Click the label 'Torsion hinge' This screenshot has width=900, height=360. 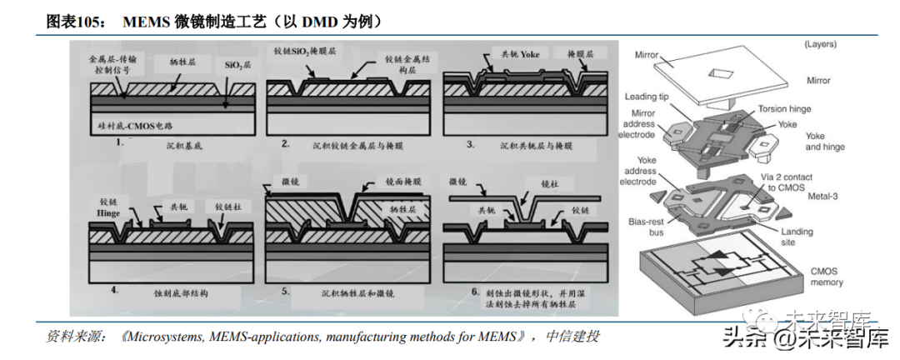coord(782,109)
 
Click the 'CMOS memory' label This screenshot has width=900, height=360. coord(827,277)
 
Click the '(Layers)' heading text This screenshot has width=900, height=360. coord(822,43)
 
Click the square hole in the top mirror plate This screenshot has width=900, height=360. coord(721,73)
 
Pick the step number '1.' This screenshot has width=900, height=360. coord(120,142)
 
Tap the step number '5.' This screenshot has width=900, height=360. coord(286,292)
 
